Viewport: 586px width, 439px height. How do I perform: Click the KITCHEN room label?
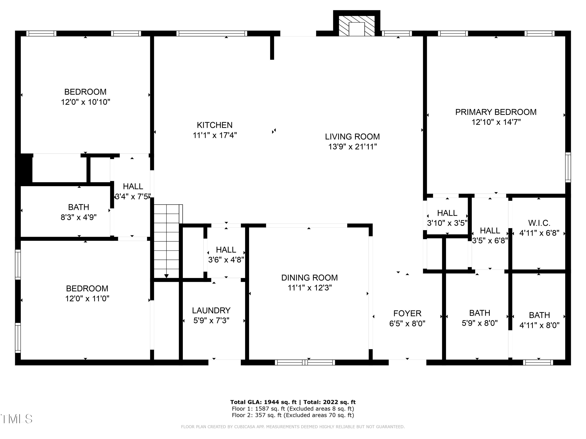[215, 125]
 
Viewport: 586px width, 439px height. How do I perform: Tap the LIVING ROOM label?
[352, 137]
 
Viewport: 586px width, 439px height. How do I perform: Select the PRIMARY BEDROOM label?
[496, 112]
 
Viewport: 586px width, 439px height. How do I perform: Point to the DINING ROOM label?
[309, 278]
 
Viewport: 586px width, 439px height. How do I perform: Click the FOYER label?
[407, 313]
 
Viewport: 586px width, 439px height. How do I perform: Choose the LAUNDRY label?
[211, 310]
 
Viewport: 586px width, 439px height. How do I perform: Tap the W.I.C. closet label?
[539, 223]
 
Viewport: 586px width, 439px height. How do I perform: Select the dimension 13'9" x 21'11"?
[353, 147]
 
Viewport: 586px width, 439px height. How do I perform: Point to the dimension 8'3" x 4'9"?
[79, 217]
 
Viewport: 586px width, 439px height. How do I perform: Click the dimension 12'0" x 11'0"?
[87, 299]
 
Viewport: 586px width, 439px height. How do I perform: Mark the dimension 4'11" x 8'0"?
[539, 325]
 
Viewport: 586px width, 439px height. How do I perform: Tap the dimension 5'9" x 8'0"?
[480, 323]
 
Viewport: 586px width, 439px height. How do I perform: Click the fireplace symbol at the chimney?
[356, 26]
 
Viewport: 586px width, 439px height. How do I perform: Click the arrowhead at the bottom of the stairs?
[166, 276]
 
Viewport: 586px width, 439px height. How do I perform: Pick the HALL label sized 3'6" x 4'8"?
[226, 250]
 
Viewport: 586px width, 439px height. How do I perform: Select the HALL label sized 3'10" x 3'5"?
[447, 213]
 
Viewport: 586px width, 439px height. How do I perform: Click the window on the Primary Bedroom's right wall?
[568, 167]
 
